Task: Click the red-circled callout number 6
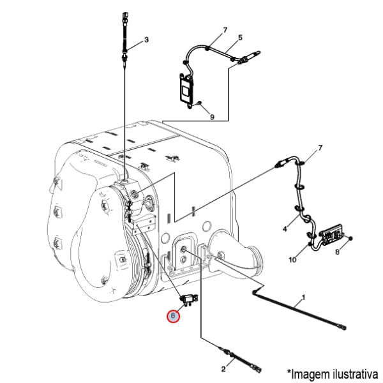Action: pyautogui.click(x=173, y=316)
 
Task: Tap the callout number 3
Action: pyautogui.click(x=146, y=40)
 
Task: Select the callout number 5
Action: pyautogui.click(x=240, y=38)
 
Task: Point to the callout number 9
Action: pyautogui.click(x=212, y=117)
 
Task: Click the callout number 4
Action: pyautogui.click(x=285, y=229)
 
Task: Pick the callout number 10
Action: pyautogui.click(x=292, y=260)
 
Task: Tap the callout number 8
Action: pyautogui.click(x=337, y=252)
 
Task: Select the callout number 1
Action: pyautogui.click(x=304, y=297)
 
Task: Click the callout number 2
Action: pyautogui.click(x=223, y=369)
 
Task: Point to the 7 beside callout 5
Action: pyautogui.click(x=225, y=30)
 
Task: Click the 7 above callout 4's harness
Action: pyautogui.click(x=320, y=148)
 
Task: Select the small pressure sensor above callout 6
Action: pyautogui.click(x=189, y=299)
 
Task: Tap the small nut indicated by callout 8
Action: pyautogui.click(x=350, y=238)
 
